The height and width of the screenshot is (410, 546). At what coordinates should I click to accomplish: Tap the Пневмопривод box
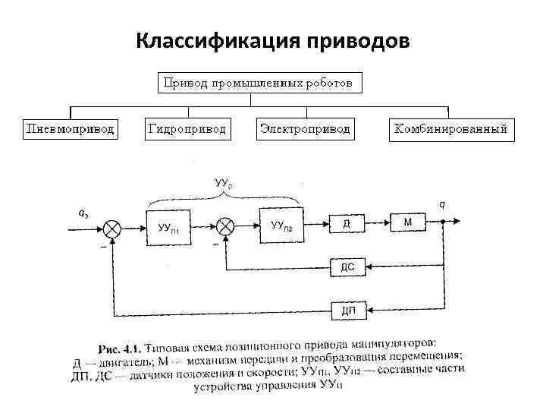(70, 129)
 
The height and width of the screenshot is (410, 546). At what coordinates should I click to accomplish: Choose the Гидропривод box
(187, 129)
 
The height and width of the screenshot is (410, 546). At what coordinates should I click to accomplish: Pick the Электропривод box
(305, 129)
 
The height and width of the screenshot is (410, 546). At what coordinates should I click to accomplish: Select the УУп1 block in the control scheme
(168, 226)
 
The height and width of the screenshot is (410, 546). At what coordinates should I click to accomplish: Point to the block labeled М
(408, 222)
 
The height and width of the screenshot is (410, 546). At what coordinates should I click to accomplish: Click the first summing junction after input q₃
(113, 227)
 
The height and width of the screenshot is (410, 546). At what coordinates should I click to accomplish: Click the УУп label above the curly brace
(222, 183)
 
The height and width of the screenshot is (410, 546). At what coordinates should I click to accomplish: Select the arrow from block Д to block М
(378, 222)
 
